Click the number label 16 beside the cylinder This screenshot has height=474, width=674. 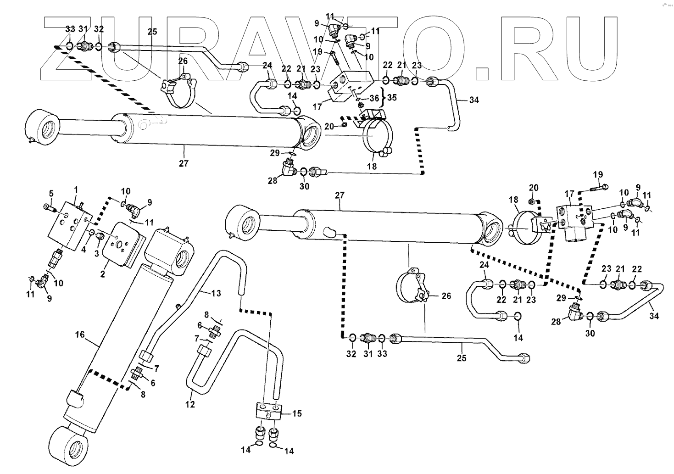[x=80, y=335]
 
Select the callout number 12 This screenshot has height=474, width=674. [x=190, y=404]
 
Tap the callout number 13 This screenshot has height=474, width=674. [x=216, y=293]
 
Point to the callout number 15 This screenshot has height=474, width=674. [x=297, y=413]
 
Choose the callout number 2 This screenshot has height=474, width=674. [x=103, y=274]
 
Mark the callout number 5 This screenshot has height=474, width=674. [x=51, y=192]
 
